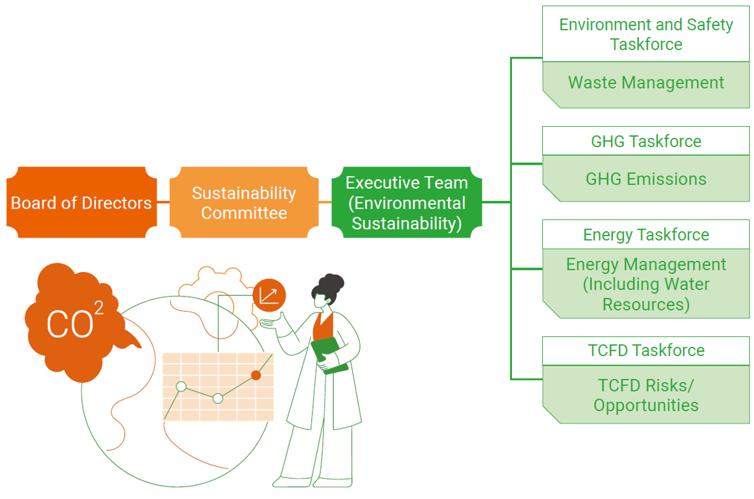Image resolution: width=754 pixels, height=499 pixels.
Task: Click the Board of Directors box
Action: (81, 203)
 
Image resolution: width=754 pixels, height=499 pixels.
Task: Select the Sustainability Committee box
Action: (244, 203)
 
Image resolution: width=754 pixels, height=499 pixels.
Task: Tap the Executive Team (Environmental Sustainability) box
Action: (407, 203)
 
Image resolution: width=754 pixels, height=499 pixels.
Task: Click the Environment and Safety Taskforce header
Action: (646, 34)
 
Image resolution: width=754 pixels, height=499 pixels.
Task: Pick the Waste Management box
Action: (646, 83)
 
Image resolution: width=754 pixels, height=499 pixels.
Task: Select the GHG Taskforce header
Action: (646, 141)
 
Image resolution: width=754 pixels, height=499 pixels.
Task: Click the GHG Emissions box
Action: (646, 179)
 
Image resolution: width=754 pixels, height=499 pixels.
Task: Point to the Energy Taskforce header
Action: (646, 234)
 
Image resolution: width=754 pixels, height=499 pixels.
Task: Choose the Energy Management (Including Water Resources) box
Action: (646, 284)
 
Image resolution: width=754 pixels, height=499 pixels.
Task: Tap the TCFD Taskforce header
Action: (646, 350)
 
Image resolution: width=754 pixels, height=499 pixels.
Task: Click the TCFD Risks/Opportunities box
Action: (646, 395)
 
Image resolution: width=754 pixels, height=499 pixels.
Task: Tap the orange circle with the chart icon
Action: (269, 295)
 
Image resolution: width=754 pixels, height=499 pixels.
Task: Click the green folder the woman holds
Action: (329, 355)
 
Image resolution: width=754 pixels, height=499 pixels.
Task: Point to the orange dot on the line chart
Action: (256, 376)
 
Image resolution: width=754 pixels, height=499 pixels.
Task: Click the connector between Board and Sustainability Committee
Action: (163, 203)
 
